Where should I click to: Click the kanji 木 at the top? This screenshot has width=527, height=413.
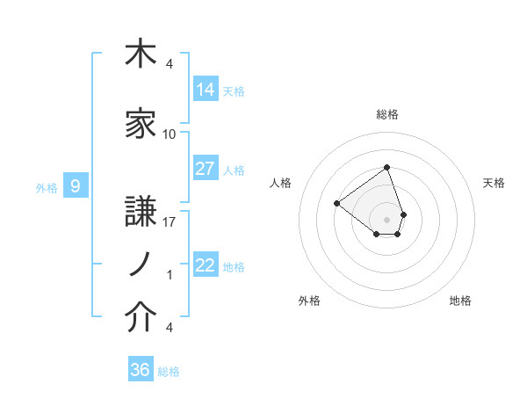(141, 55)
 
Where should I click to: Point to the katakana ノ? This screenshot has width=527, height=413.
(141, 265)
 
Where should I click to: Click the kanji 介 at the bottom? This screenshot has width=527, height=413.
(141, 318)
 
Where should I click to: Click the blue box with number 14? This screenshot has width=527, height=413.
(206, 90)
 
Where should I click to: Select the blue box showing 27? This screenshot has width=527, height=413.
(206, 170)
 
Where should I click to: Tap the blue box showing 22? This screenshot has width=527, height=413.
(206, 266)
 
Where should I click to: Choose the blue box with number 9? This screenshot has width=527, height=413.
(76, 186)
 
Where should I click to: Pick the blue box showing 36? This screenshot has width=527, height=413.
(141, 370)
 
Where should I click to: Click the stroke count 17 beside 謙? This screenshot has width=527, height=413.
(170, 222)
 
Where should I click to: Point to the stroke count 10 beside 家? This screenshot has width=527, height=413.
(170, 134)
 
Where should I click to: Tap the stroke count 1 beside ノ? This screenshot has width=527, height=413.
(170, 275)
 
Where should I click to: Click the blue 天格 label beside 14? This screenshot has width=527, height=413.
(234, 91)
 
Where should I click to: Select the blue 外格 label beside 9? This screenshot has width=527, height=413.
(47, 187)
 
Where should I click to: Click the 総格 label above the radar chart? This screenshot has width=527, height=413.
(387, 114)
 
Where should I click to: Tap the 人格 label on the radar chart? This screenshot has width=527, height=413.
(281, 183)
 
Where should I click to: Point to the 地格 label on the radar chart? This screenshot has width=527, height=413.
(460, 301)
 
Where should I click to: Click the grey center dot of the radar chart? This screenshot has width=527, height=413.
(386, 218)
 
